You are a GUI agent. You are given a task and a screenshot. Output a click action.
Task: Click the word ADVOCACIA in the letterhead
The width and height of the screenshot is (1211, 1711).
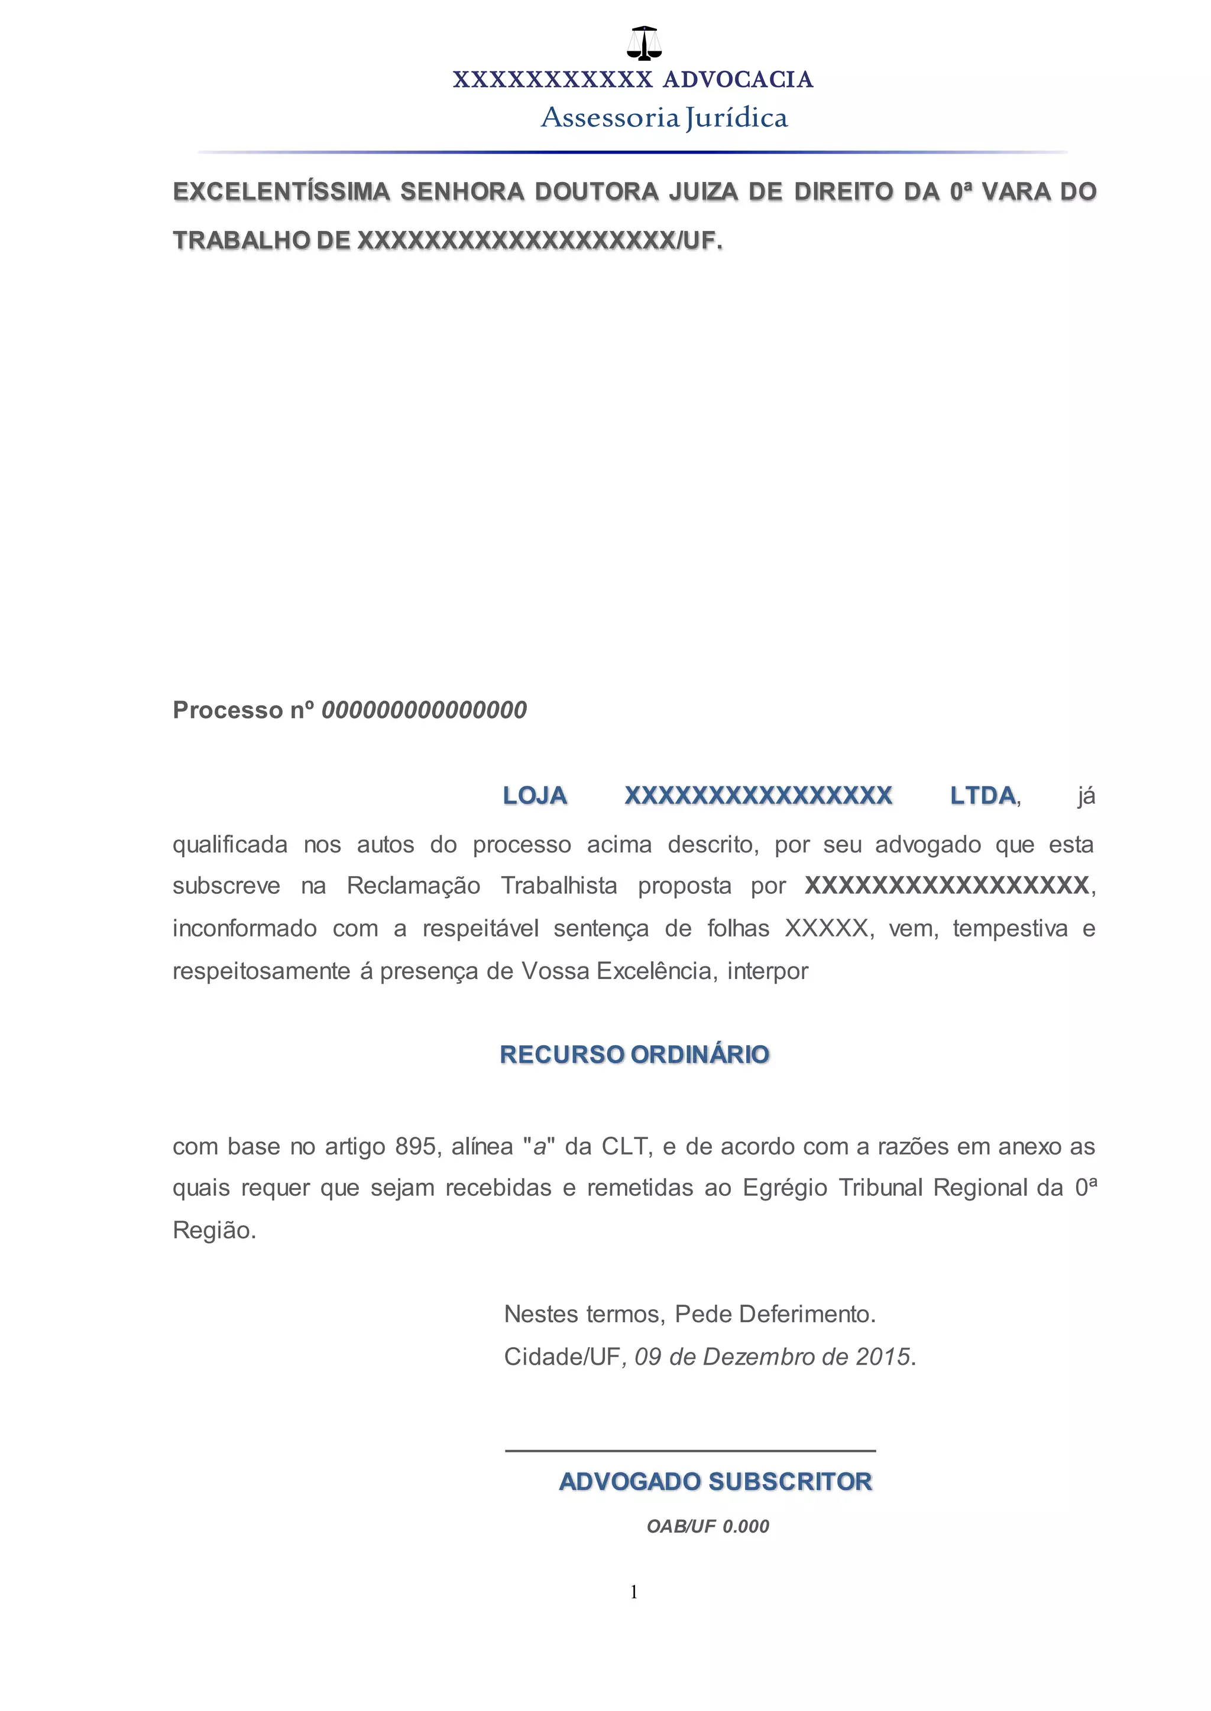coord(737,80)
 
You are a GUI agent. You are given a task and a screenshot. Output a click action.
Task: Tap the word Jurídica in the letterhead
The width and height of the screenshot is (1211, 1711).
coord(736,118)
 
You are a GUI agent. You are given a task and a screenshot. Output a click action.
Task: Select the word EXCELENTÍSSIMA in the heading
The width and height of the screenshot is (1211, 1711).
coord(282,191)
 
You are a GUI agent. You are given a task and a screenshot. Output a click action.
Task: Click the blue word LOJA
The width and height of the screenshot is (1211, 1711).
coord(535,796)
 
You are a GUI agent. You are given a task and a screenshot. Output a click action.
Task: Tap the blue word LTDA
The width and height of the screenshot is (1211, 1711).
coord(983,796)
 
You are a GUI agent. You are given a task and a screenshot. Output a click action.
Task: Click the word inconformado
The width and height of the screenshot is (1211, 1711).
coord(245,929)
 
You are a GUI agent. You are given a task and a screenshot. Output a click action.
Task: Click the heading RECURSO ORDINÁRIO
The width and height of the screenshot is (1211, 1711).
coord(634,1055)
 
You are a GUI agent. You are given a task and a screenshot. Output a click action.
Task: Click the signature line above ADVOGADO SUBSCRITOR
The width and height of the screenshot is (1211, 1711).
coord(690,1451)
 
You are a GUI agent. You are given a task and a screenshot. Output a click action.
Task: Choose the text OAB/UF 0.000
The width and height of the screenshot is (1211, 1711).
coord(708,1526)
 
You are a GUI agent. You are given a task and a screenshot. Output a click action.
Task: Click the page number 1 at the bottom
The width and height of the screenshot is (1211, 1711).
coord(634,1592)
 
